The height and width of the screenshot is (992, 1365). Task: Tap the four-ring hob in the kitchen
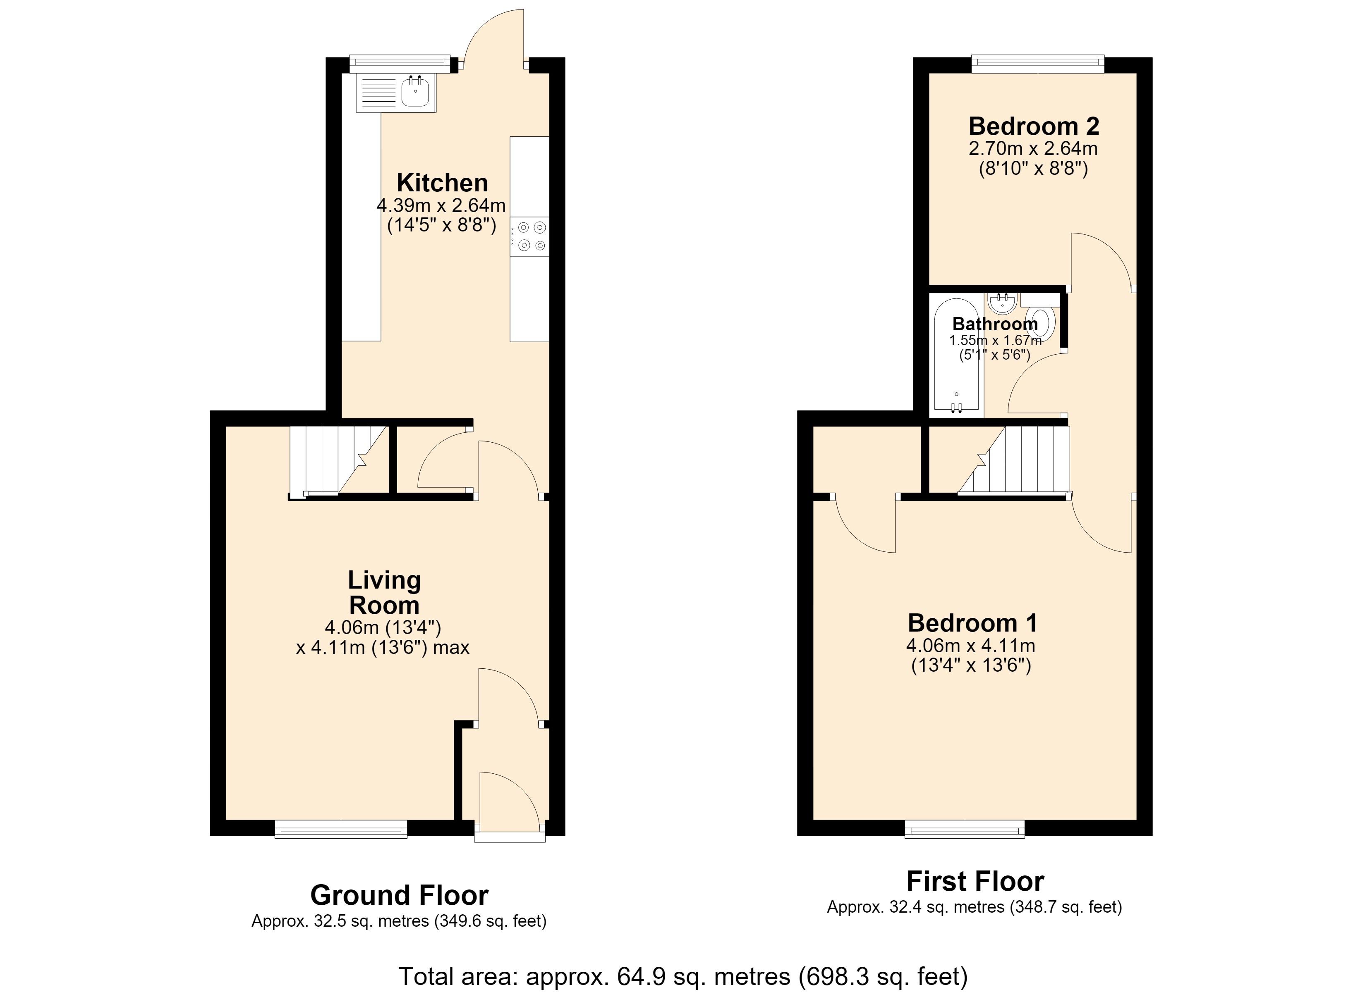pyautogui.click(x=529, y=236)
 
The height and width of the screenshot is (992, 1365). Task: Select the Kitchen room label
pyautogui.click(x=442, y=183)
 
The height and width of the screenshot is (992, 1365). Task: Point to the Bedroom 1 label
pyautogui.click(x=972, y=623)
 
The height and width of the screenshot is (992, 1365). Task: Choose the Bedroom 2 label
pyautogui.click(x=1034, y=126)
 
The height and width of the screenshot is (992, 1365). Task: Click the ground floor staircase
pyautogui.click(x=338, y=461)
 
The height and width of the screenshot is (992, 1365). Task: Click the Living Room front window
pyautogui.click(x=341, y=830)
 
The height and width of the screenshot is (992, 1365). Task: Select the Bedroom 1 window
pyautogui.click(x=965, y=830)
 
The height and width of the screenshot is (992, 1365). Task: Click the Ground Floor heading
pyautogui.click(x=399, y=895)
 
